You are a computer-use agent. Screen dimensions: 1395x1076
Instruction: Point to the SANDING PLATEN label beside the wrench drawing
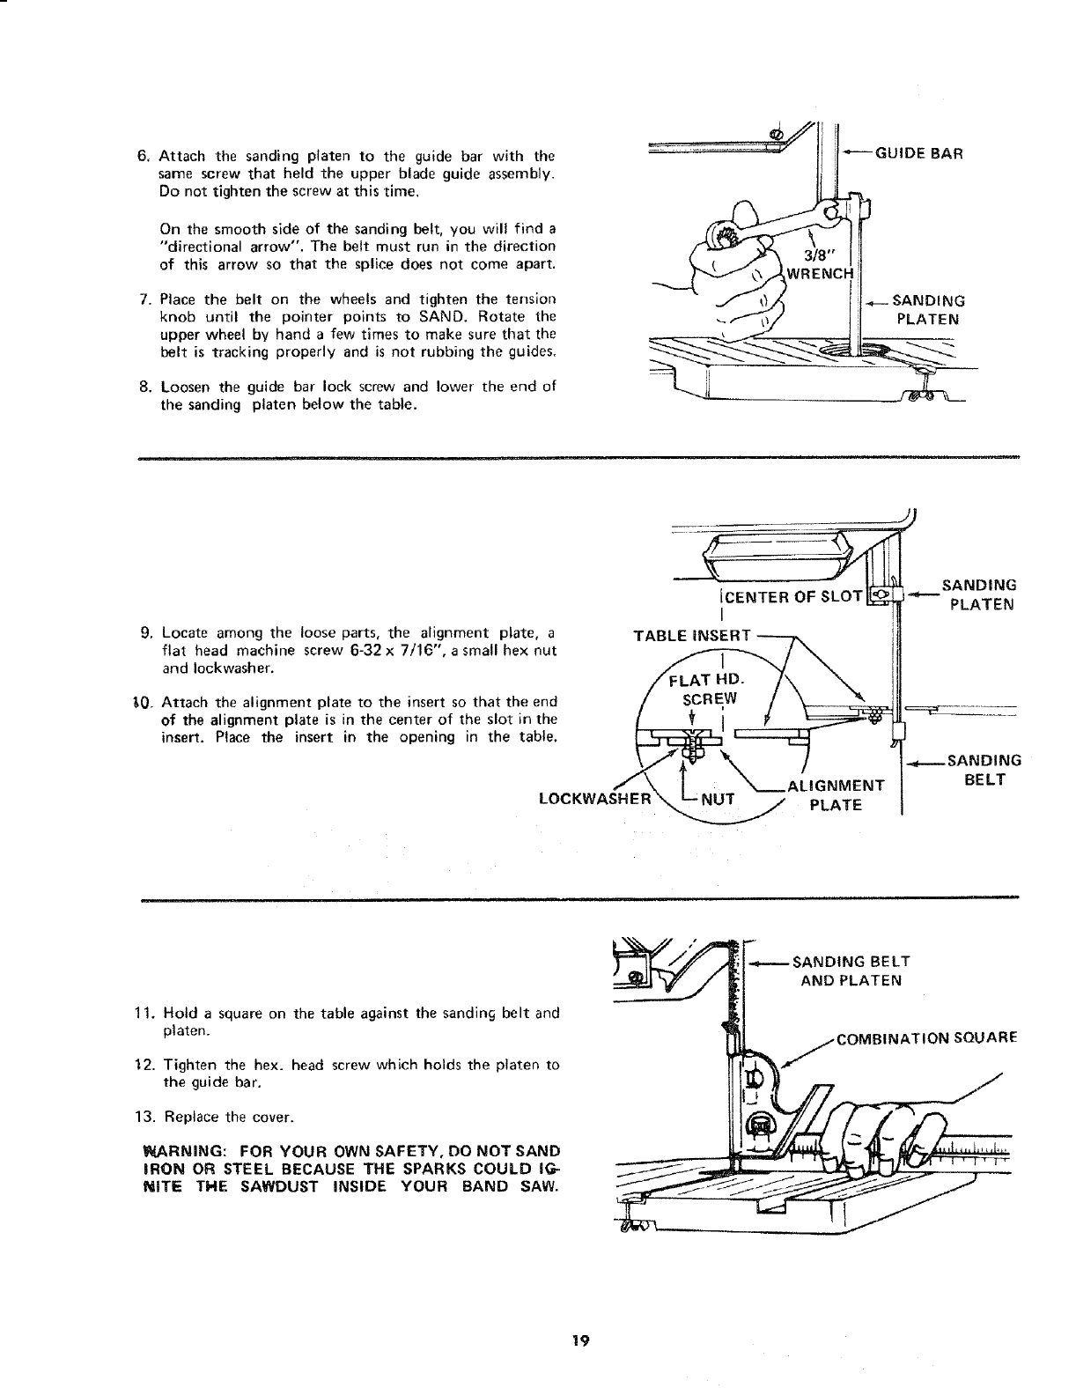[x=928, y=310]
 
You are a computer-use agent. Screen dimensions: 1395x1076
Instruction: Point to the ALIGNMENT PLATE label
[x=836, y=795]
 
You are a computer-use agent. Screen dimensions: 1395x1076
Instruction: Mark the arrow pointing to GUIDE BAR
[x=856, y=152]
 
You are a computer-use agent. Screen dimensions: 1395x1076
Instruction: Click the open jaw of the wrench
[x=835, y=210]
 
